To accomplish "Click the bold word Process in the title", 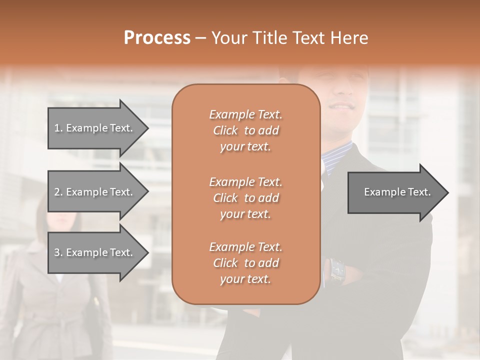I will (x=157, y=38).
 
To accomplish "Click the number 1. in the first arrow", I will (x=58, y=128).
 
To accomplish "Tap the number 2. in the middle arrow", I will (x=58, y=192).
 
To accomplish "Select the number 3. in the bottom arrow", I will (x=58, y=252).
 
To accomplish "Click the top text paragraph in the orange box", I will (x=245, y=130).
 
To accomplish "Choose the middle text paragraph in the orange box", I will (x=245, y=198).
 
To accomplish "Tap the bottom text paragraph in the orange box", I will (x=245, y=263).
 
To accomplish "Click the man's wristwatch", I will (x=336, y=270).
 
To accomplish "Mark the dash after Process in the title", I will (x=201, y=38).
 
